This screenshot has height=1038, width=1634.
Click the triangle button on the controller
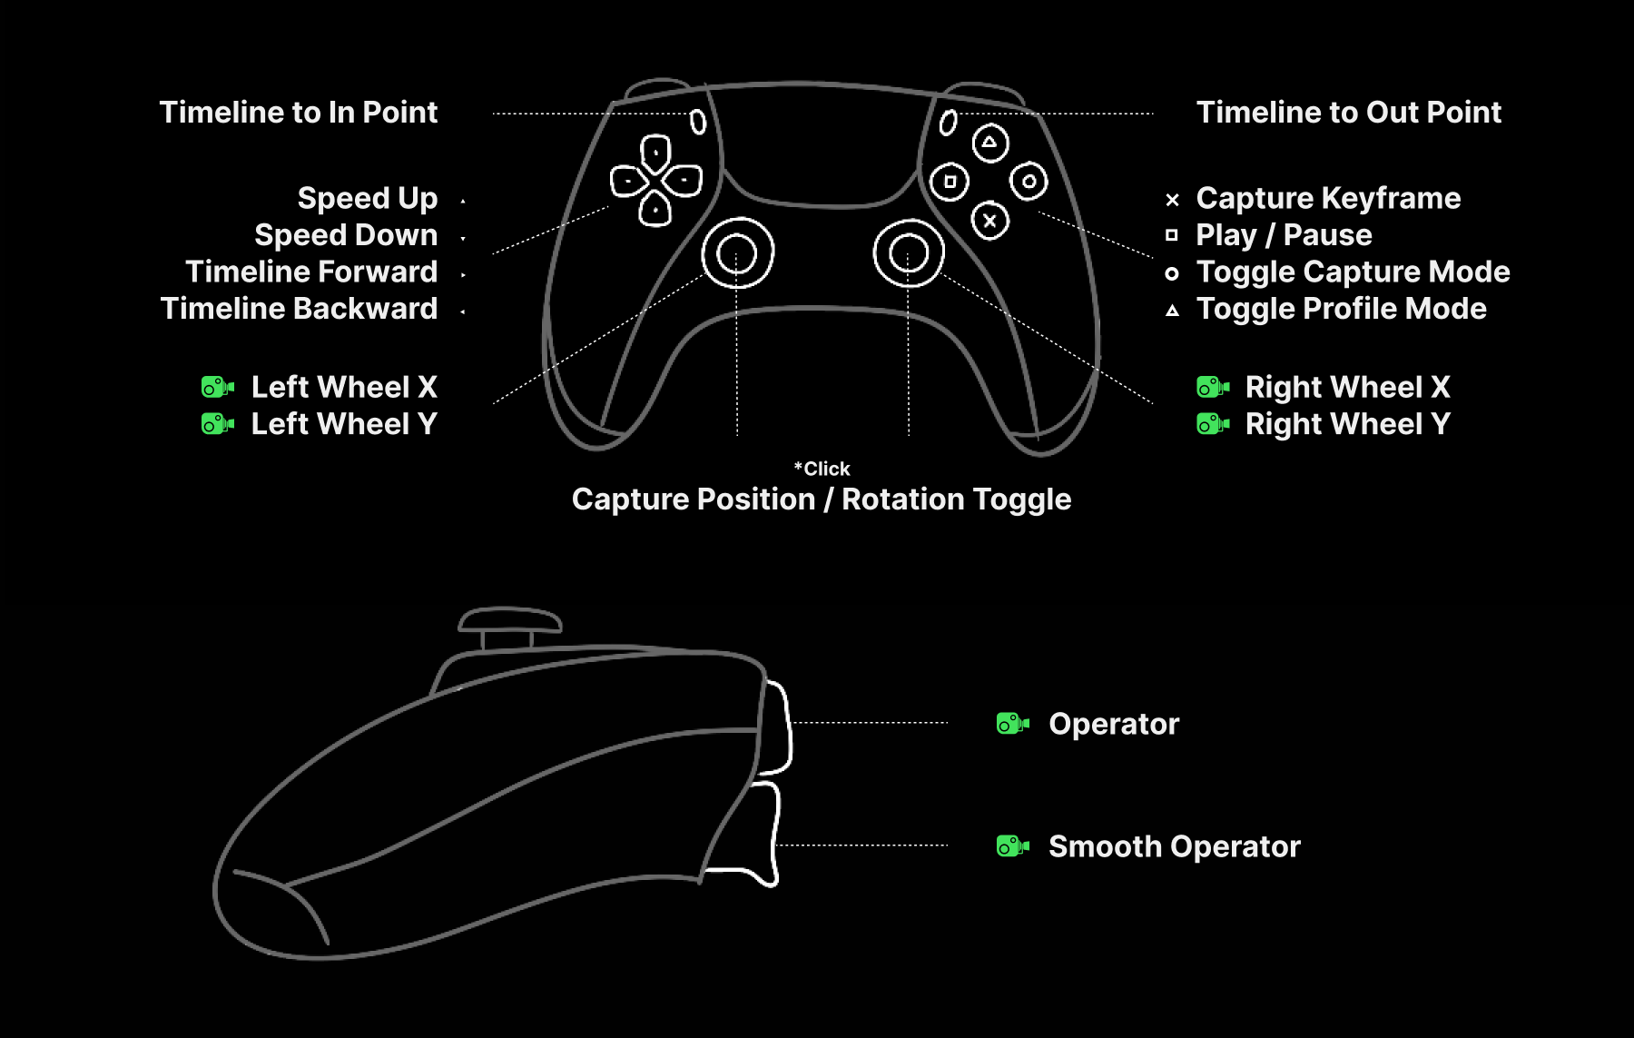click(x=989, y=143)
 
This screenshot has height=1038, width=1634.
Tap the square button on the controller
click(x=950, y=182)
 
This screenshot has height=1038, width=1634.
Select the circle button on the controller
click(x=1029, y=182)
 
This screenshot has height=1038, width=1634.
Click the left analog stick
click(x=737, y=252)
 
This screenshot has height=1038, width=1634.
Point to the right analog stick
click(x=909, y=252)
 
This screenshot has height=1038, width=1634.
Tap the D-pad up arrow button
click(x=655, y=152)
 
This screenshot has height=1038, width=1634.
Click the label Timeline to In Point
click(x=299, y=113)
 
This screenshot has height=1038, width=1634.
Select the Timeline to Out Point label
click(x=1348, y=113)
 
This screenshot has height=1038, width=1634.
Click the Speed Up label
click(x=368, y=198)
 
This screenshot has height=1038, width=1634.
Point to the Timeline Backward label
click(x=299, y=309)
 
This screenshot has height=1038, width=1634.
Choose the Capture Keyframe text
click(x=1328, y=198)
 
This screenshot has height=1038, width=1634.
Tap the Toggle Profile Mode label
click(x=1341, y=309)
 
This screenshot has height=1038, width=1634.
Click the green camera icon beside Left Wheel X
click(x=217, y=388)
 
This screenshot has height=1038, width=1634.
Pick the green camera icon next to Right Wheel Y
click(x=1213, y=424)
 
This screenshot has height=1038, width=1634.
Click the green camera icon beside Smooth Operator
click(x=1012, y=846)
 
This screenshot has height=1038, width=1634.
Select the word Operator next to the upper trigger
click(x=1114, y=724)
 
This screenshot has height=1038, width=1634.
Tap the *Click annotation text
click(x=822, y=469)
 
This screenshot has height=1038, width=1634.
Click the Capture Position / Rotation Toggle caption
click(x=822, y=499)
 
